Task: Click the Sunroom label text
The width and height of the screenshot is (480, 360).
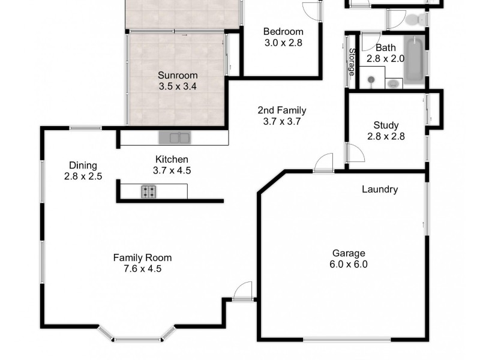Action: [178, 75]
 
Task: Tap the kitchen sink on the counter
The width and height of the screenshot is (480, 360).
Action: [174, 138]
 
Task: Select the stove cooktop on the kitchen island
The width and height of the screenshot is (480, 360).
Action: [149, 192]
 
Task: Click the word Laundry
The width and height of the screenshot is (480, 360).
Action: [379, 190]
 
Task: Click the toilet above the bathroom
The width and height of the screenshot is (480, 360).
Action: [415, 20]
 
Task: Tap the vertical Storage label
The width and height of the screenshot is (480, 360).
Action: [352, 62]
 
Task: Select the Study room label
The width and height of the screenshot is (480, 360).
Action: [386, 125]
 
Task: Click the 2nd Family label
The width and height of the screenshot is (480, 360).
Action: [281, 110]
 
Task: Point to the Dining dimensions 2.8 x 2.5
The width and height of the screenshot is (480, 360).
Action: [83, 176]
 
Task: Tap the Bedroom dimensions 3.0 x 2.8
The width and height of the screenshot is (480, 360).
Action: [283, 43]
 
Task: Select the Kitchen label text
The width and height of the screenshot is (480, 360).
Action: [172, 160]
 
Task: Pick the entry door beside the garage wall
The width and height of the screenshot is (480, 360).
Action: [244, 290]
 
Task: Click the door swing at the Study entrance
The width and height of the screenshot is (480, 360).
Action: [356, 154]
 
